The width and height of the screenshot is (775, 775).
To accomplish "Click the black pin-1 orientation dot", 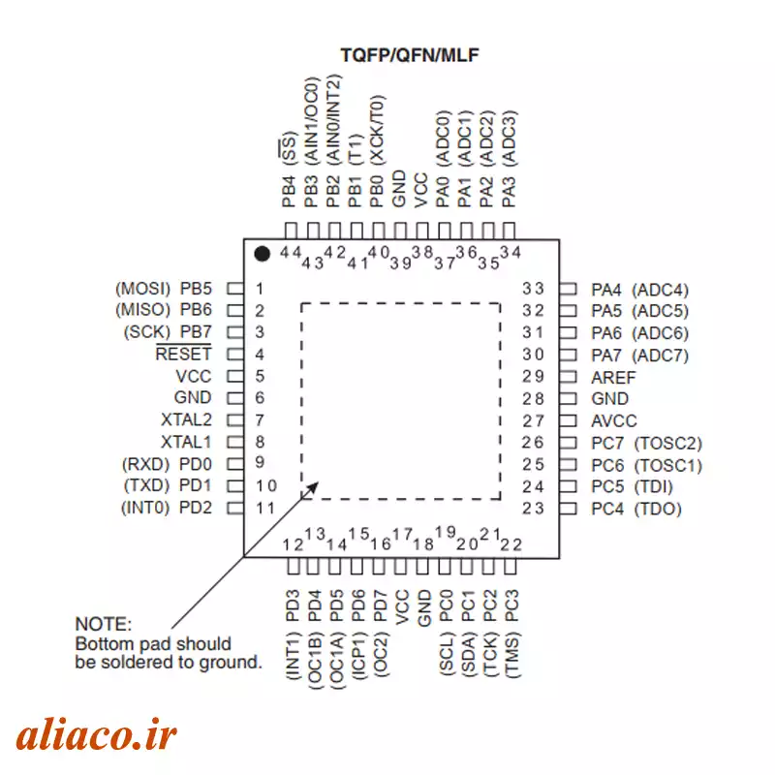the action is [262, 254].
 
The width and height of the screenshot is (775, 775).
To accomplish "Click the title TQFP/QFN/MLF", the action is [410, 55].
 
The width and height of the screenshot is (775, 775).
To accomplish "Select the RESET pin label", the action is [183, 354].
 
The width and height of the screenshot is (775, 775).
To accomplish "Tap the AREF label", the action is [613, 378].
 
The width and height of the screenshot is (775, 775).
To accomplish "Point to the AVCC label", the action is [614, 421].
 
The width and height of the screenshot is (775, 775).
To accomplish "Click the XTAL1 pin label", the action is [186, 442].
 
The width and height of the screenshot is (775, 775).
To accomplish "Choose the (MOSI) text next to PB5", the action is [142, 289].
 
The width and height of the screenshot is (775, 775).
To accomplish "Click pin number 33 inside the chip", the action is [534, 289].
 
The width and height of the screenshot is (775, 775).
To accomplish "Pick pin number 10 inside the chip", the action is [265, 486].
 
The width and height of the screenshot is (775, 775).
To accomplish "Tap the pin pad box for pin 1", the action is [235, 289].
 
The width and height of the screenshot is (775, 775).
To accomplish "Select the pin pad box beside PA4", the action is [568, 289].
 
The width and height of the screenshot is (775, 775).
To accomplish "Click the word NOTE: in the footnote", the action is [104, 624].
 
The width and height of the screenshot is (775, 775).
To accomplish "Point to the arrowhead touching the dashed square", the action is [312, 488].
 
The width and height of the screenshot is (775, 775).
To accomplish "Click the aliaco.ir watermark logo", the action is [96, 735].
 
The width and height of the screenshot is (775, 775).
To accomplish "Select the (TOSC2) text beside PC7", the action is [667, 444].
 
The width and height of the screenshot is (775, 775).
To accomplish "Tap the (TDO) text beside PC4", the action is [658, 509].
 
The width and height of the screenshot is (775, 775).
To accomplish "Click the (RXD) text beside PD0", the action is [146, 465].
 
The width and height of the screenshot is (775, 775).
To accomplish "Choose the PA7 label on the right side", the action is [606, 356].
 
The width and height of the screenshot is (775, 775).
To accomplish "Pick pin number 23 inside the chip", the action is [534, 508].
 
